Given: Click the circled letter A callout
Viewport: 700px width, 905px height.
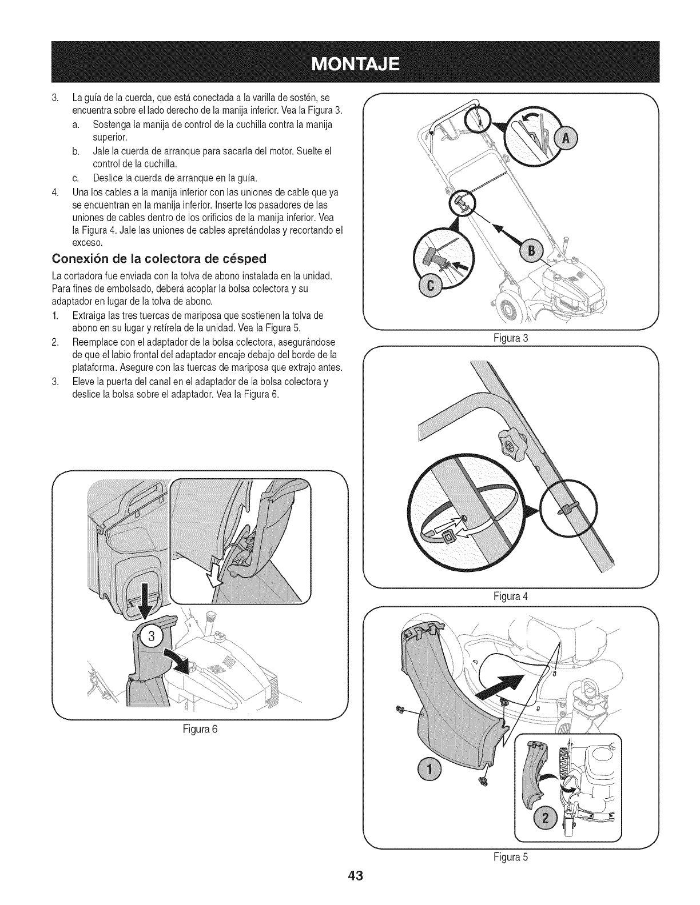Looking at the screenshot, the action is [x=566, y=140].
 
